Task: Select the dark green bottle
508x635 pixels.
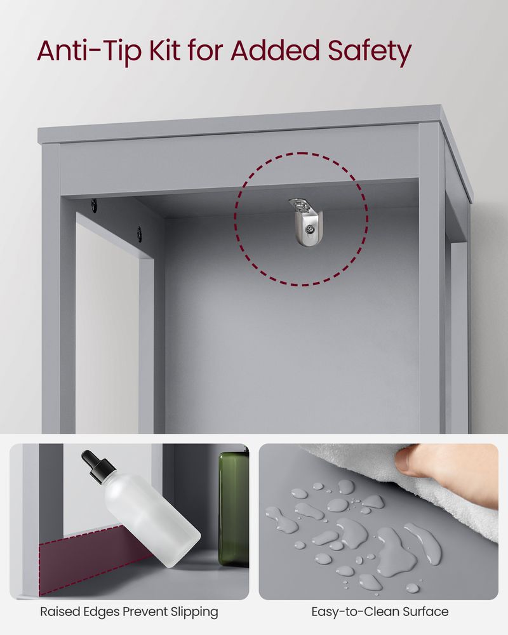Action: (x=234, y=508)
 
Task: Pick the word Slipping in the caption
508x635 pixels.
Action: (x=190, y=612)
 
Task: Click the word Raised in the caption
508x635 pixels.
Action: (x=58, y=612)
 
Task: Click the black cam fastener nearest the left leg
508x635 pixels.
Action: (x=94, y=204)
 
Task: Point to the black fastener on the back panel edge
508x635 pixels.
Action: (x=139, y=233)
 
